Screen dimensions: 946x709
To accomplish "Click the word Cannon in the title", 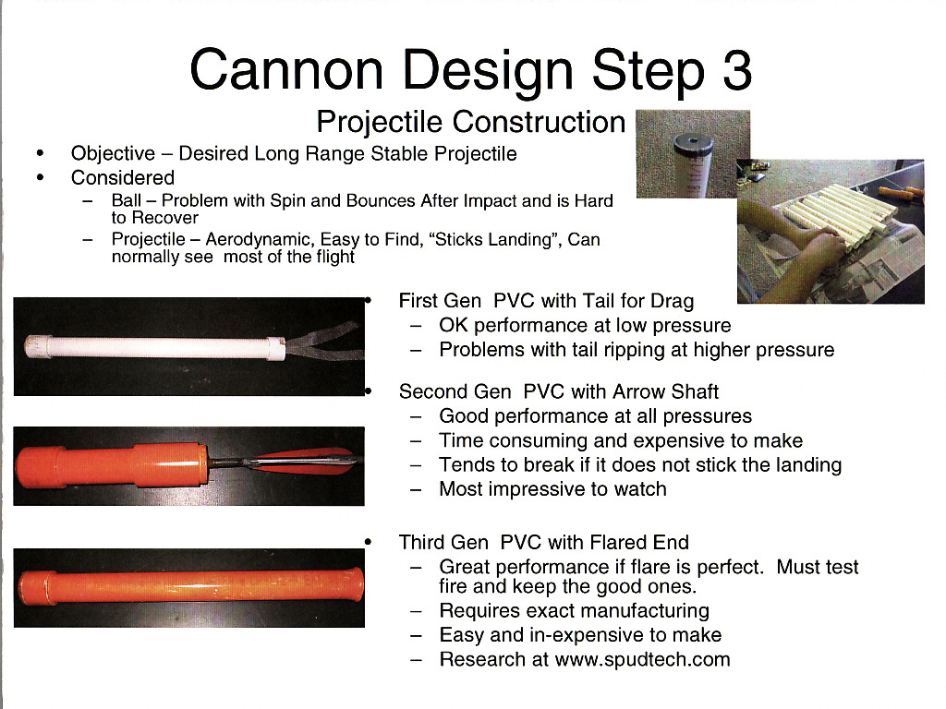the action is coord(286,70).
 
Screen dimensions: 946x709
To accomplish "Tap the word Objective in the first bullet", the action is coord(113,154).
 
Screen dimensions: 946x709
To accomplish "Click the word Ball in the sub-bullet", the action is coord(126,200).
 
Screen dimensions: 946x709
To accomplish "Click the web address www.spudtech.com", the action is coord(643,659).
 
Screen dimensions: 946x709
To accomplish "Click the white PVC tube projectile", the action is coord(154,348).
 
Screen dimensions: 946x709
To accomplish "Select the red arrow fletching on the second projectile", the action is coord(305,461).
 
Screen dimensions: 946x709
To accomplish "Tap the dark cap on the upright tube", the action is coord(693,144).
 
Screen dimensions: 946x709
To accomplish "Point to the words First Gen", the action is coord(440,301).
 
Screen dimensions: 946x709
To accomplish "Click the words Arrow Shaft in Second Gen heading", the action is coord(665,391).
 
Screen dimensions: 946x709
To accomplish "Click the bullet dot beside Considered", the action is coord(41,177).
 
